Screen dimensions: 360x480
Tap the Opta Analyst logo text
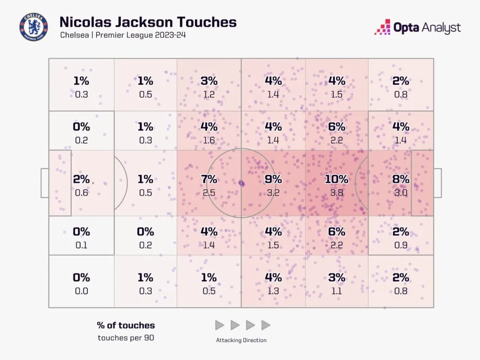(x=426, y=27)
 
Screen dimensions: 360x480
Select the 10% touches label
(x=336, y=179)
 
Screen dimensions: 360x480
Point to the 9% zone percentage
(x=273, y=179)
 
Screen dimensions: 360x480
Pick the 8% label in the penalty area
(x=401, y=179)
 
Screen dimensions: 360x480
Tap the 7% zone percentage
(x=209, y=179)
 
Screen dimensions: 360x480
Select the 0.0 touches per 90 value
(x=82, y=290)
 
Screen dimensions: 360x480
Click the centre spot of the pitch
(x=241, y=183)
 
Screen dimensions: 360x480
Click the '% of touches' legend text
(x=126, y=325)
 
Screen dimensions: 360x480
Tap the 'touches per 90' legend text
(x=126, y=337)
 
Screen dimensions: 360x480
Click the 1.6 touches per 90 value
(x=209, y=140)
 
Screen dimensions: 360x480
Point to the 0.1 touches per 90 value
(x=82, y=244)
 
